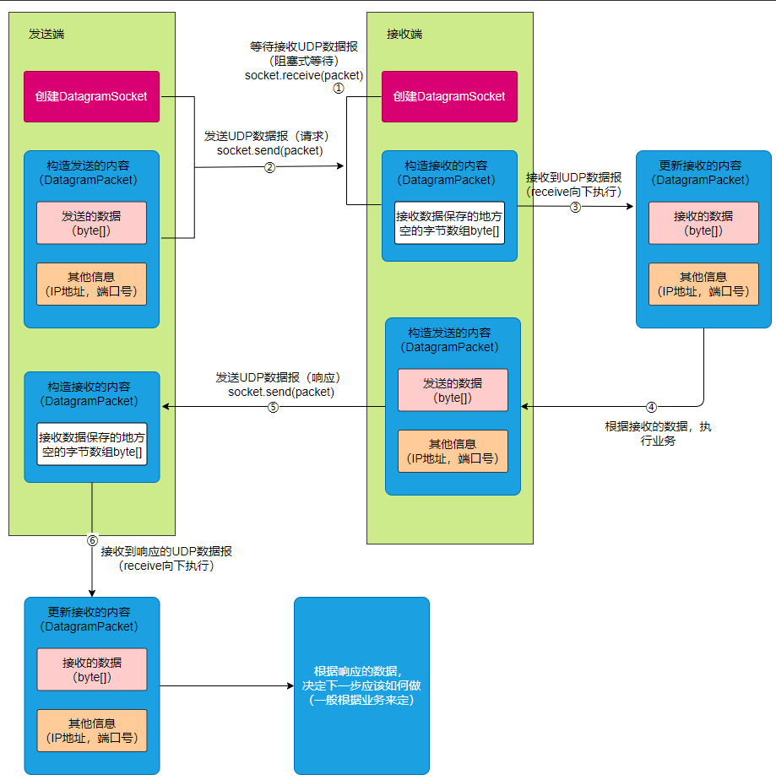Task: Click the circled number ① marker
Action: [339, 88]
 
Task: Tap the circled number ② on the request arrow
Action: [269, 167]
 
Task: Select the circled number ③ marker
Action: [575, 207]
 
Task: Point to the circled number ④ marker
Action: [651, 408]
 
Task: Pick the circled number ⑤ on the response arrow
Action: [273, 408]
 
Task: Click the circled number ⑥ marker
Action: [92, 540]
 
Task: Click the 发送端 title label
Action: [46, 34]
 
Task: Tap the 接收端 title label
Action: [404, 34]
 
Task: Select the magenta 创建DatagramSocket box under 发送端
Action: [91, 96]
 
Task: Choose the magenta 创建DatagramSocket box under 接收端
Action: [450, 96]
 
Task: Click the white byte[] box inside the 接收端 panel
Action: [450, 223]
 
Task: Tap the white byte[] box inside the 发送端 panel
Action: [92, 444]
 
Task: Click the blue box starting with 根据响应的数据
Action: [361, 685]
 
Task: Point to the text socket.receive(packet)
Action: [304, 75]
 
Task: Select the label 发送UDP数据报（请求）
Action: [267, 136]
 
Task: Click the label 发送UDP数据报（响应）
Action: [278, 377]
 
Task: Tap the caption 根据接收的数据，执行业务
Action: [658, 433]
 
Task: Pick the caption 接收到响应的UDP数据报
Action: [166, 551]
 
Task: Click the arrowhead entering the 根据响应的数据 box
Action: [290, 686]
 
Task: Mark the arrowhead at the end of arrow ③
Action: [630, 206]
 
